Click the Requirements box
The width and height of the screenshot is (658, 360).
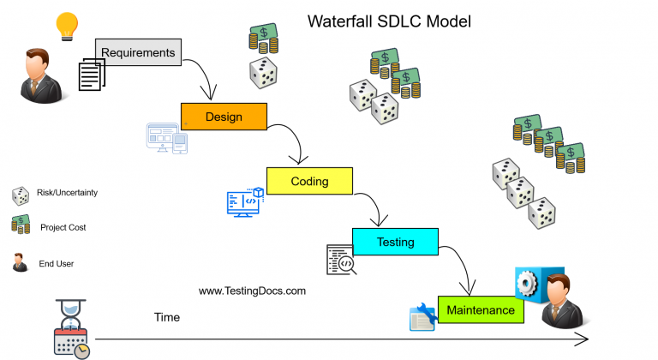pyautogui.click(x=138, y=53)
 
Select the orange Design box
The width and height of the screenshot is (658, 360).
pyautogui.click(x=224, y=117)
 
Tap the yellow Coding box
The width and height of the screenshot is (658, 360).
pyautogui.click(x=309, y=181)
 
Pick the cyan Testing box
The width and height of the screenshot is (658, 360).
pyautogui.click(x=395, y=243)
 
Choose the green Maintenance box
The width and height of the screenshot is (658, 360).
pyautogui.click(x=481, y=310)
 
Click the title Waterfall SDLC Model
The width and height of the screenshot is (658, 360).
pyautogui.click(x=389, y=21)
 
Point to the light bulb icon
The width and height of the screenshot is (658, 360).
pyautogui.click(x=67, y=26)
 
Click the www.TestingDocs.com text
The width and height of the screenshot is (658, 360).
pyautogui.click(x=252, y=291)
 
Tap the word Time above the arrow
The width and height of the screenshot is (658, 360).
pyautogui.click(x=167, y=317)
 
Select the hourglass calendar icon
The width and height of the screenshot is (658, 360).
pyautogui.click(x=71, y=330)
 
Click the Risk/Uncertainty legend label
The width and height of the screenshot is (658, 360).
pyautogui.click(x=67, y=193)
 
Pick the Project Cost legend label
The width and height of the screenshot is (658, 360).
pyautogui.click(x=63, y=227)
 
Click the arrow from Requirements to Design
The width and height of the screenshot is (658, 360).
pyautogui.click(x=203, y=77)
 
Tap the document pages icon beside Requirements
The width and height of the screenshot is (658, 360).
pyautogui.click(x=92, y=75)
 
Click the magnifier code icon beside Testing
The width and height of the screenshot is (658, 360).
pyautogui.click(x=340, y=260)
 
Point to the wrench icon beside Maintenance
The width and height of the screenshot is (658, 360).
pyautogui.click(x=423, y=317)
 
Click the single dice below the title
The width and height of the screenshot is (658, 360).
pyautogui.click(x=262, y=73)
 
